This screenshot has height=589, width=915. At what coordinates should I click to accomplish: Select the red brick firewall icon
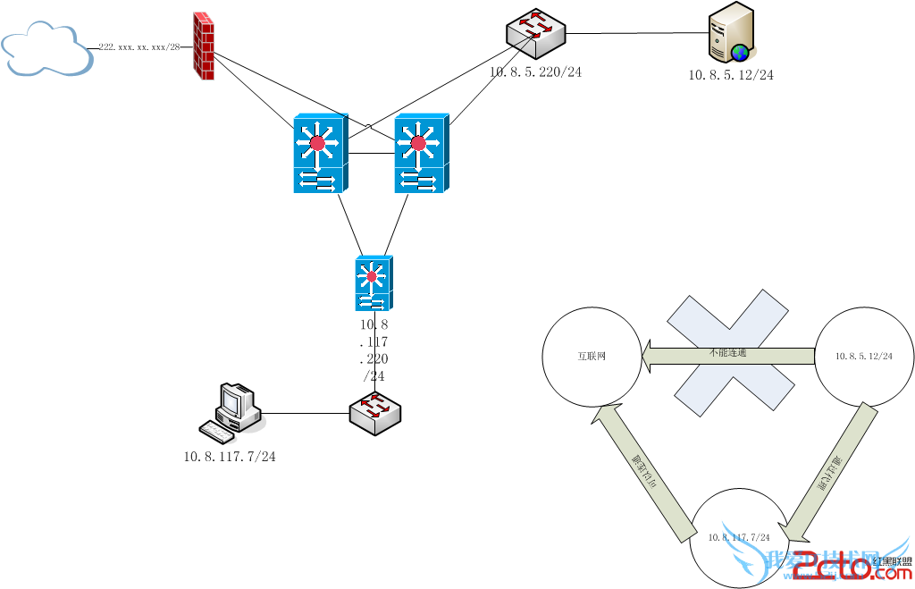tap(204, 46)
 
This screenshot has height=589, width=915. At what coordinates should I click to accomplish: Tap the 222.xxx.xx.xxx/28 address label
tap(139, 46)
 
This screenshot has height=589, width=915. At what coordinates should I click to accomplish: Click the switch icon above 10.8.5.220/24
tap(535, 30)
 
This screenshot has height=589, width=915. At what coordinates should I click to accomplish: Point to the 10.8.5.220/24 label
tap(535, 72)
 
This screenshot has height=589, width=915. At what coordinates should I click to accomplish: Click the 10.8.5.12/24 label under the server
tap(730, 76)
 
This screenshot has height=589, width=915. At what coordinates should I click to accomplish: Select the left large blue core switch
tap(319, 153)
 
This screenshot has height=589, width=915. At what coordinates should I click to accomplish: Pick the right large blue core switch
tap(421, 153)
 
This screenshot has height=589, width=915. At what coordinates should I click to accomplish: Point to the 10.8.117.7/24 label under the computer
tap(230, 457)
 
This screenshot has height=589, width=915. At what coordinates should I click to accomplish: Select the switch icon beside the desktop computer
tap(375, 413)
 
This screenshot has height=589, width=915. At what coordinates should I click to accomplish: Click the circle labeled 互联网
tap(592, 356)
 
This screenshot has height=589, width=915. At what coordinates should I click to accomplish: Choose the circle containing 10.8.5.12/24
tap(863, 356)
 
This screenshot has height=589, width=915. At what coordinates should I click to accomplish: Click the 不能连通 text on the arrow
tap(728, 353)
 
